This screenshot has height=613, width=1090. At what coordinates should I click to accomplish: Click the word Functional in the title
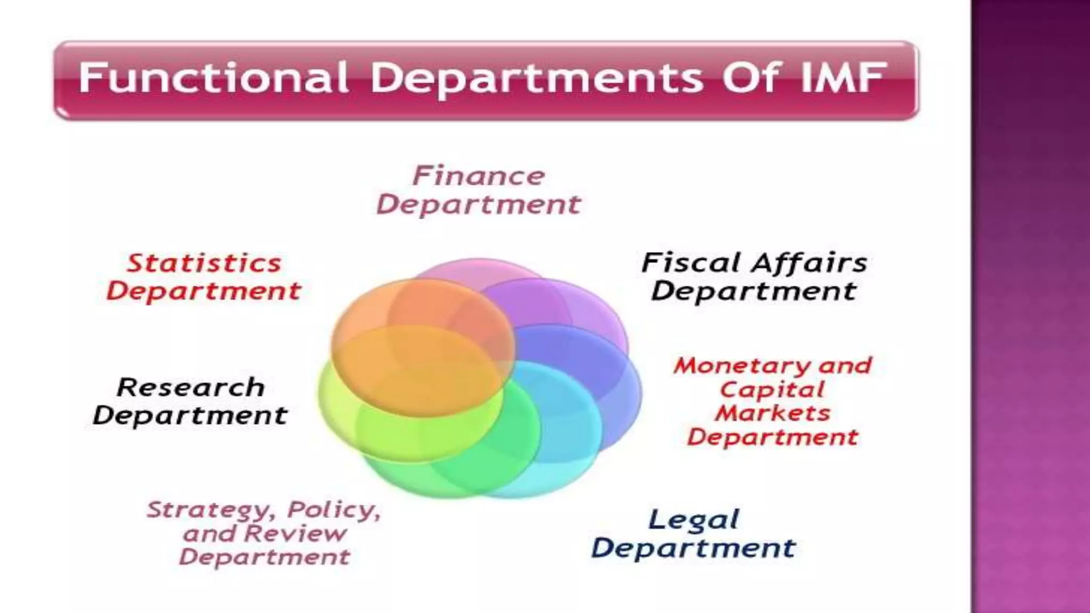(213, 78)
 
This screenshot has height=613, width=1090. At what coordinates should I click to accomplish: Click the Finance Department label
(478, 190)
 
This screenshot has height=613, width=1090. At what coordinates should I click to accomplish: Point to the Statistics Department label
(203, 277)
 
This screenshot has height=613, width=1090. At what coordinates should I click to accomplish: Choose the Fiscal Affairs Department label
(754, 277)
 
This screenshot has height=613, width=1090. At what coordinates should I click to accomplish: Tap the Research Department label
(190, 401)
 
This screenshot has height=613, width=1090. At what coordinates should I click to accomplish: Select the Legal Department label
(693, 534)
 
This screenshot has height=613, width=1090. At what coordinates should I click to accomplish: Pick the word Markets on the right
(772, 413)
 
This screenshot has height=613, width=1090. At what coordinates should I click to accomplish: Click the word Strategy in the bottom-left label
(211, 510)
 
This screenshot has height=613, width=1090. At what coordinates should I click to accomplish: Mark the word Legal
(693, 520)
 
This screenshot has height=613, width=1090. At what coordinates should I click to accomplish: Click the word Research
(191, 387)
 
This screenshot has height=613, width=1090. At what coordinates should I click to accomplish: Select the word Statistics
(204, 263)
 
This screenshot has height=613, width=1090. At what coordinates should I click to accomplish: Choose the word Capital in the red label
(772, 390)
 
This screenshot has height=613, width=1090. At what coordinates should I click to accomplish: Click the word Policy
(334, 510)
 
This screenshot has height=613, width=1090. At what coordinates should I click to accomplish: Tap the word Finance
(478, 176)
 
